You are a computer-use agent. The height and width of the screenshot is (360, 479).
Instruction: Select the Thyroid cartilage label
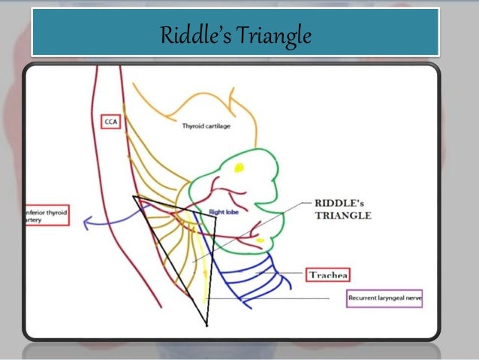[x=206, y=126]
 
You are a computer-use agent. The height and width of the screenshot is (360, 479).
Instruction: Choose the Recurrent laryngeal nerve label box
[x=384, y=298]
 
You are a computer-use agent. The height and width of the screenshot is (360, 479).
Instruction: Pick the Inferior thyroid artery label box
[x=47, y=217]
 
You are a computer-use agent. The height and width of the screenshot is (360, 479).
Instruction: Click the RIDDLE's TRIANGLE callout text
[x=342, y=207]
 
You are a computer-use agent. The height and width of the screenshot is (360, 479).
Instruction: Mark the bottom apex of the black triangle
[x=205, y=325]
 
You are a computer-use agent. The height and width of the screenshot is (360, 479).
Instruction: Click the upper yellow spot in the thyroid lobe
[x=240, y=167]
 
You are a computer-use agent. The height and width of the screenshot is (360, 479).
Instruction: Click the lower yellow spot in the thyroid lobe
[x=259, y=240]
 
